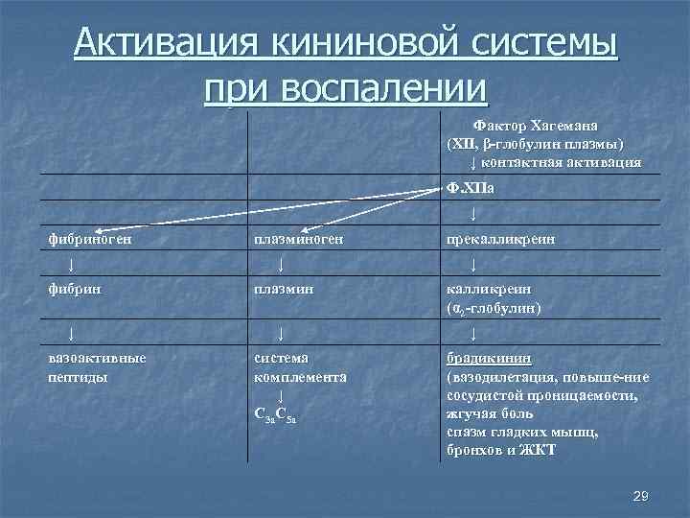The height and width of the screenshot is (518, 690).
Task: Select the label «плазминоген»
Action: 298,237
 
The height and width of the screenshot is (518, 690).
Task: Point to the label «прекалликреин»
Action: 498,237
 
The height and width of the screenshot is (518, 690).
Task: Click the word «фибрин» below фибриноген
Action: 73,287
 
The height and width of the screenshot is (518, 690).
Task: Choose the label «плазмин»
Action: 283,287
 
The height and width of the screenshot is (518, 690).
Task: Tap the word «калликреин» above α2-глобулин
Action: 489,287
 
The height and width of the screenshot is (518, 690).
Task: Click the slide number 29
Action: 642,496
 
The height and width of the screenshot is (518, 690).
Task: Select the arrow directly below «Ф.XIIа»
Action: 474,212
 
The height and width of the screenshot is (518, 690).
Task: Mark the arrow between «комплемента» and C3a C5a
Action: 280,395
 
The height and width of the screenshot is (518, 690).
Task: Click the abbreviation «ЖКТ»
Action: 541,450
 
